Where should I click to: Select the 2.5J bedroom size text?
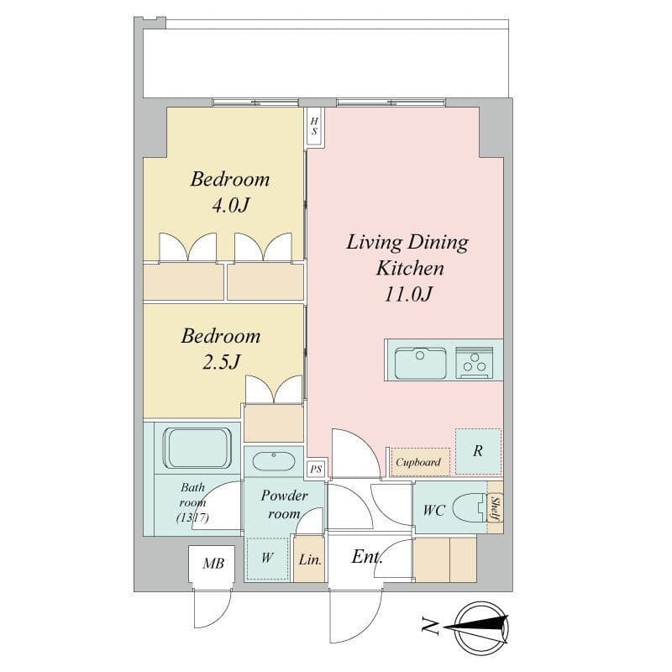click(221, 363)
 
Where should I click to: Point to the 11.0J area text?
click(408, 296)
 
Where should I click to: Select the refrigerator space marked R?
click(478, 451)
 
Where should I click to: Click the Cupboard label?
click(417, 462)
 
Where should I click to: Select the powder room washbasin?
click(273, 461)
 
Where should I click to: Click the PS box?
click(316, 469)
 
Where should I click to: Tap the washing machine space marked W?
click(266, 558)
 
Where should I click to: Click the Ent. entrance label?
click(368, 557)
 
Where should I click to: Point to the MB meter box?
click(213, 564)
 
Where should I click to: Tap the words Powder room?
click(284, 504)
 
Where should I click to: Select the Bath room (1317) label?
click(193, 502)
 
